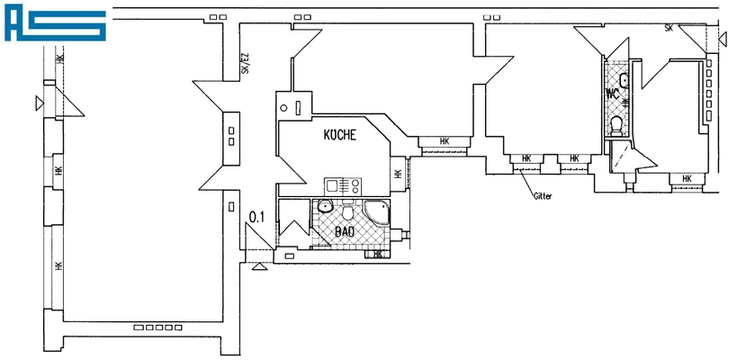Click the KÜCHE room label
[x=340, y=136]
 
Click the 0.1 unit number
[x=256, y=216]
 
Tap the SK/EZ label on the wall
[x=243, y=64]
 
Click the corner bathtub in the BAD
[x=375, y=214]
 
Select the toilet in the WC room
[x=616, y=124]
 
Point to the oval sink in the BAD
[x=327, y=209]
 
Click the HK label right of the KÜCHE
[x=397, y=173]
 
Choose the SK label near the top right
[x=669, y=29]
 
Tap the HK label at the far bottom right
[x=687, y=179]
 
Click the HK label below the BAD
[x=379, y=254]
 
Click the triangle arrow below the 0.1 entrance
[x=260, y=265]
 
